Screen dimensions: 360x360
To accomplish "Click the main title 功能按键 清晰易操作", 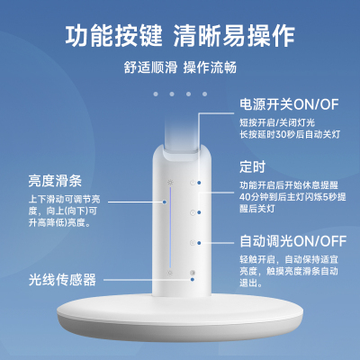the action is click(180, 36).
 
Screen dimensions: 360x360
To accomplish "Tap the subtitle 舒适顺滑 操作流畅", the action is click(180, 67).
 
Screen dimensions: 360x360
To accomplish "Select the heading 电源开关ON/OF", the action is click(289, 104).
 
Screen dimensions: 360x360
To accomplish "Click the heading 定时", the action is click(252, 166).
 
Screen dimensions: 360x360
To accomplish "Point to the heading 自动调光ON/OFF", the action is click(293, 241).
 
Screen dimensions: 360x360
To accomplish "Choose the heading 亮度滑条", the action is click(55, 181).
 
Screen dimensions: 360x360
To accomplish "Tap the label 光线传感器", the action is click(62, 280).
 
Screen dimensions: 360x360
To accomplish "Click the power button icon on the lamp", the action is click(193, 183).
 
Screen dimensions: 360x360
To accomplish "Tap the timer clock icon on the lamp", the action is click(193, 212).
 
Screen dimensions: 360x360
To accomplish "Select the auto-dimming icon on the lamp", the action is click(193, 243).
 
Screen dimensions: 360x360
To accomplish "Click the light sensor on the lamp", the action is click(193, 273).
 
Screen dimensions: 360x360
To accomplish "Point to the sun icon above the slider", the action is click(170, 182).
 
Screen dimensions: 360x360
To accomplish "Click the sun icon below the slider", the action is click(170, 273).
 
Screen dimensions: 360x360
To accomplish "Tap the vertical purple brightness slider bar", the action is click(170, 228).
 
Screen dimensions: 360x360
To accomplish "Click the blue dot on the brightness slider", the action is click(165, 202).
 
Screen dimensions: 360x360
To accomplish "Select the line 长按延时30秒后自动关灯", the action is click(290, 134).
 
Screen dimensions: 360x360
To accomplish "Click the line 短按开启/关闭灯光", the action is click(277, 122).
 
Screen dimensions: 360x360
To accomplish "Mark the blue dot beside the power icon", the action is click(199, 183).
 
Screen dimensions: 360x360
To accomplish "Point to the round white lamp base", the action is click(180, 318).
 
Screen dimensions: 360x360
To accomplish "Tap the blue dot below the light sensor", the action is click(192, 279).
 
